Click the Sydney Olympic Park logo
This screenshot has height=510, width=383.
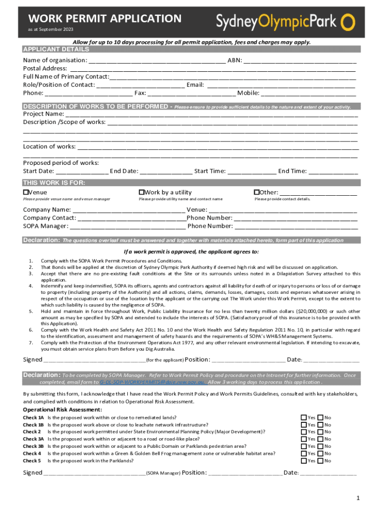(x=286, y=21)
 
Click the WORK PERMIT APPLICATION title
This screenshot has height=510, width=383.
(x=104, y=19)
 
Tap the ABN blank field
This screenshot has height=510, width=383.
(x=300, y=62)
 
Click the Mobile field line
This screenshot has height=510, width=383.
(x=308, y=94)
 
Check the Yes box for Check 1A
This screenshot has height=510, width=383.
(x=303, y=418)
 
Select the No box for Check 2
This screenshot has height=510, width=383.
(x=320, y=432)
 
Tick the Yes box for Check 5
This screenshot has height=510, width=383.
(x=303, y=461)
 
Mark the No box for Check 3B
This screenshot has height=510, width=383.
(x=320, y=447)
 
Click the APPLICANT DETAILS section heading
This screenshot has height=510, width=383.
(x=56, y=50)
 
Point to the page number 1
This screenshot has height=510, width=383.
(x=358, y=499)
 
